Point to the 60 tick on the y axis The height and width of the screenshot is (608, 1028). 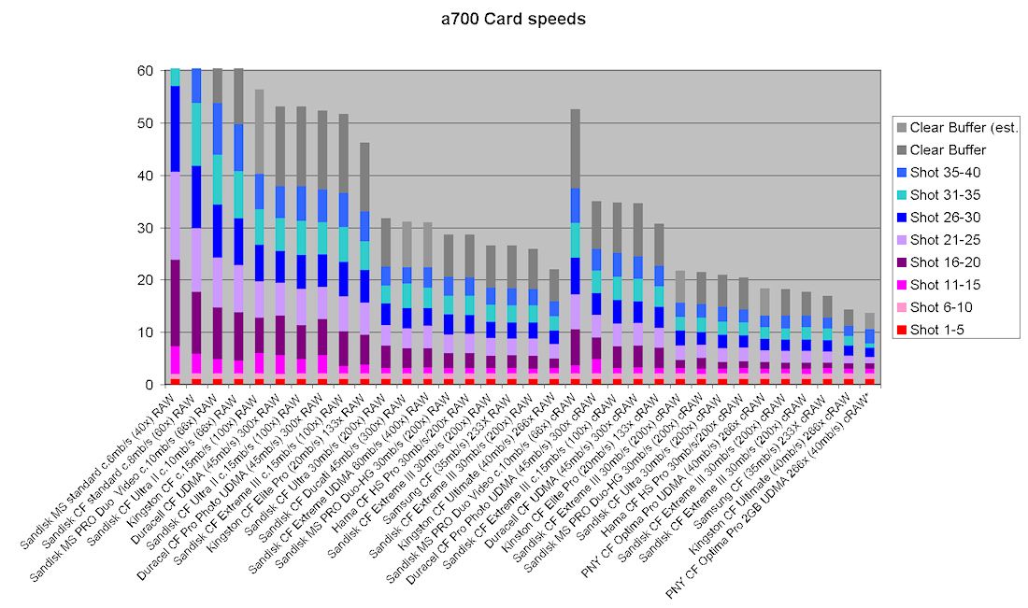[145, 71]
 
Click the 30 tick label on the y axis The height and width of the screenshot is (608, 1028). [145, 228]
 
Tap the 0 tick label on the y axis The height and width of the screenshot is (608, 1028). [149, 385]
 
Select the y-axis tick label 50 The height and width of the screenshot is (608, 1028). [145, 123]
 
